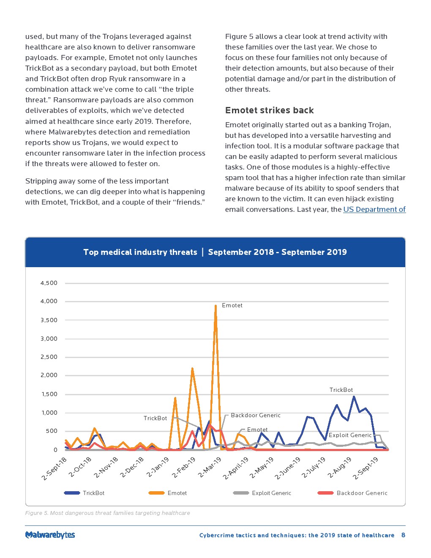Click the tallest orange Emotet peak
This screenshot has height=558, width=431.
coord(215,306)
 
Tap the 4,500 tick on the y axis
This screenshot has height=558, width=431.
coord(49,283)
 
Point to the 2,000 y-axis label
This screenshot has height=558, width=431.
coord(49,375)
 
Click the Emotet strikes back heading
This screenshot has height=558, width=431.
coord(269,110)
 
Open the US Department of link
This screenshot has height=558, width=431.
coord(374,209)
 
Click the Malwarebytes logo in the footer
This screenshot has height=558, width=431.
coord(50,535)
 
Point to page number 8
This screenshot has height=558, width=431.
coord(403,535)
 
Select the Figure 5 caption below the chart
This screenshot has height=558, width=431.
coord(107,513)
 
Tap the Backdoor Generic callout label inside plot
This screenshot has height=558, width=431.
coord(255,415)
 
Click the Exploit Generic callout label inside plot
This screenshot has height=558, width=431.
coord(350,435)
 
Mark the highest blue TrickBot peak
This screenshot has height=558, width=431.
coord(354,397)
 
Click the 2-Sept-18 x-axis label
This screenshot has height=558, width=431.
coord(54,468)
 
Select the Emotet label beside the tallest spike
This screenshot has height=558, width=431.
coord(232,305)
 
